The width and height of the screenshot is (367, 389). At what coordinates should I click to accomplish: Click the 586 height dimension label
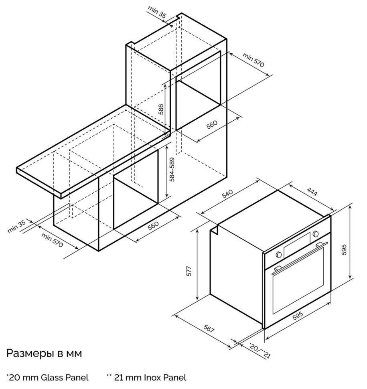point(161,109)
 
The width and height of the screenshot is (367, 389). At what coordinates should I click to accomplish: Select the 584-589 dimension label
point(172,170)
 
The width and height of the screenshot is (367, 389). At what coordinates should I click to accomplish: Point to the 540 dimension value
point(227,194)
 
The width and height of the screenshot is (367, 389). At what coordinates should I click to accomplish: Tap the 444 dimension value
point(312,191)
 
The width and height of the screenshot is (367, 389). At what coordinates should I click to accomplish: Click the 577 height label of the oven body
point(189,271)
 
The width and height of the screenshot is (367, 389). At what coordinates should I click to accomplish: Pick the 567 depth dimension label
point(209,328)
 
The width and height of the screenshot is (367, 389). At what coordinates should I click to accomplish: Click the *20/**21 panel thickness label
point(260,351)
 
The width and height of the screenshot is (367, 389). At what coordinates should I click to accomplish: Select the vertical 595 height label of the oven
point(344,250)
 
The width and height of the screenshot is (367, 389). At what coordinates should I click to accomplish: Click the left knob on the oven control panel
point(278,255)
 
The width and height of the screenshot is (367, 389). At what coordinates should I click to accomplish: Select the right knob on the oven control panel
point(316,234)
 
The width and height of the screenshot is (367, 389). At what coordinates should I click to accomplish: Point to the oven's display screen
point(297,245)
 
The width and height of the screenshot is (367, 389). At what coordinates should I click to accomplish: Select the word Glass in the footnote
point(52,377)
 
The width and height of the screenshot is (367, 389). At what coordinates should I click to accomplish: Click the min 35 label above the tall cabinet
point(157,12)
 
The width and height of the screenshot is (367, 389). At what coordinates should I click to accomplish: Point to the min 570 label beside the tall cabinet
point(253,60)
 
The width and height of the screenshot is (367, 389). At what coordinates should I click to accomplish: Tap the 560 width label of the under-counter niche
point(153,225)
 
